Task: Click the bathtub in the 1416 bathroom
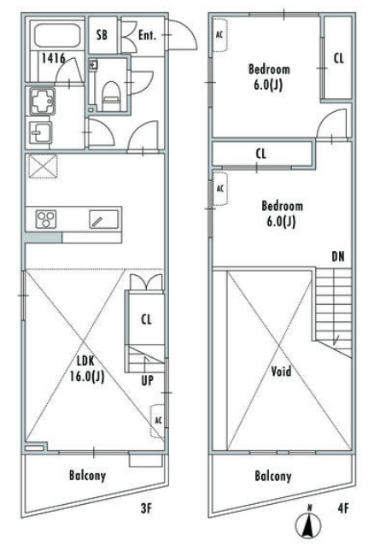coord(57,36)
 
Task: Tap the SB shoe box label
coord(102,35)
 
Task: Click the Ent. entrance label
coord(147,35)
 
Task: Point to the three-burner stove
coord(46,219)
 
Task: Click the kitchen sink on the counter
coord(103,220)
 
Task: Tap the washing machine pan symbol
coord(43,102)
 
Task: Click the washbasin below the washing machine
coord(41,132)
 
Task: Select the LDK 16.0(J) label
coord(86,369)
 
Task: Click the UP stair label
coord(147,381)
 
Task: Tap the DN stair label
coord(338,257)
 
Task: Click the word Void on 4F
coord(281,372)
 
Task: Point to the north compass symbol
coord(309,524)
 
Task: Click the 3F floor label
coord(146,508)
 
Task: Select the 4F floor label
coord(342,508)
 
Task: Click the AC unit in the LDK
coord(158,420)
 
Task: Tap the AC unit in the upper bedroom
coord(219,35)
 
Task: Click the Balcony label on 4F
coord(273,476)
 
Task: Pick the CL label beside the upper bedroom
coord(339,58)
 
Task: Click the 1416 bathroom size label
coord(54,58)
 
